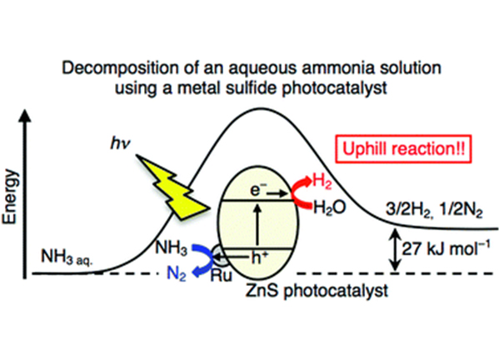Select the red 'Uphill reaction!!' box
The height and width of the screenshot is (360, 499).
tap(403, 149)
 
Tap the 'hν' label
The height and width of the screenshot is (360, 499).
tap(120, 143)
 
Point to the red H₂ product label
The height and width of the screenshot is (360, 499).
tap(322, 182)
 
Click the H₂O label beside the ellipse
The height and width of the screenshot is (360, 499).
tap(330, 207)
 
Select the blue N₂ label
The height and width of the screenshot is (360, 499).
tap(177, 273)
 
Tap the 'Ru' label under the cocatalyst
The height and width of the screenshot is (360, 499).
tap(222, 275)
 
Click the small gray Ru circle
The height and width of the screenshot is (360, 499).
tap(220, 255)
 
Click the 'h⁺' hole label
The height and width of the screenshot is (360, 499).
tap(260, 258)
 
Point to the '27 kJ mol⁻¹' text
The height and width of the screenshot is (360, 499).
tap(446, 248)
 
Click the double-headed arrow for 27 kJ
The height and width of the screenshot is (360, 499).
tap(395, 250)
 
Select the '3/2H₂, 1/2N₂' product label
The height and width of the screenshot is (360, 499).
tap(434, 211)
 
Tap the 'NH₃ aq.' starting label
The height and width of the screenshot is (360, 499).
tap(67, 257)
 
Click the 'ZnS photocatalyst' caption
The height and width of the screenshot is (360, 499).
tap(317, 291)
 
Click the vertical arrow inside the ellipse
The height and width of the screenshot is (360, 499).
tap(257, 224)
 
